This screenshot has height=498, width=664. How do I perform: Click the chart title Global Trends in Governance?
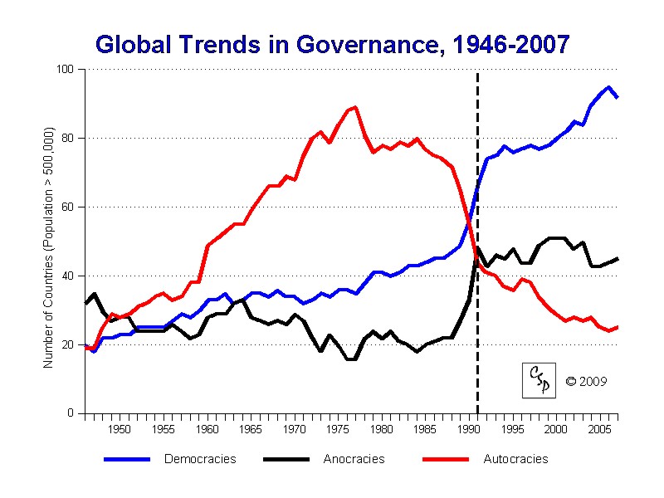pos(332,44)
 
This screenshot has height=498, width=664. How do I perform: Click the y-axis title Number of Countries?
pos(48,248)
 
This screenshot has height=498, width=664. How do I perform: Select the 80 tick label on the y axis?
pos(68,138)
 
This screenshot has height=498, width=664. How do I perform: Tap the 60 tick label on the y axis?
pos(68,207)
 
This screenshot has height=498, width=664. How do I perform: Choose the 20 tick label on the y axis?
pos(68,344)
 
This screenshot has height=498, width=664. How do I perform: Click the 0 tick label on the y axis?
pos(71,413)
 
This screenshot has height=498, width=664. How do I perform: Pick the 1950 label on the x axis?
pos(120,429)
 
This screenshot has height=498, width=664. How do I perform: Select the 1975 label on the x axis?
pos(338,429)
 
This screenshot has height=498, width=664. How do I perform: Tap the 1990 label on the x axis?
pos(469,429)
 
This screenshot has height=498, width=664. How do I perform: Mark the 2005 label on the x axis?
pos(600,429)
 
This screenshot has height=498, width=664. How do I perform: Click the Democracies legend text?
pos(200,459)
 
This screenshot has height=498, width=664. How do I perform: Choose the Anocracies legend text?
pos(354,459)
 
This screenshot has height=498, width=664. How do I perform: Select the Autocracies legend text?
pos(515,459)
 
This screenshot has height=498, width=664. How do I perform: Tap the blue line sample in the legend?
pos(126,459)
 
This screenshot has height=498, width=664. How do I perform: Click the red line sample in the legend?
pos(446,459)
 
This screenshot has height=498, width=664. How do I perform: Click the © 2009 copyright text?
pos(586,382)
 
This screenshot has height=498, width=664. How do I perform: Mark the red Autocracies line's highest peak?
pos(355,107)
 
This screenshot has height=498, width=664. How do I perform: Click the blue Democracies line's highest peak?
pos(609,87)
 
